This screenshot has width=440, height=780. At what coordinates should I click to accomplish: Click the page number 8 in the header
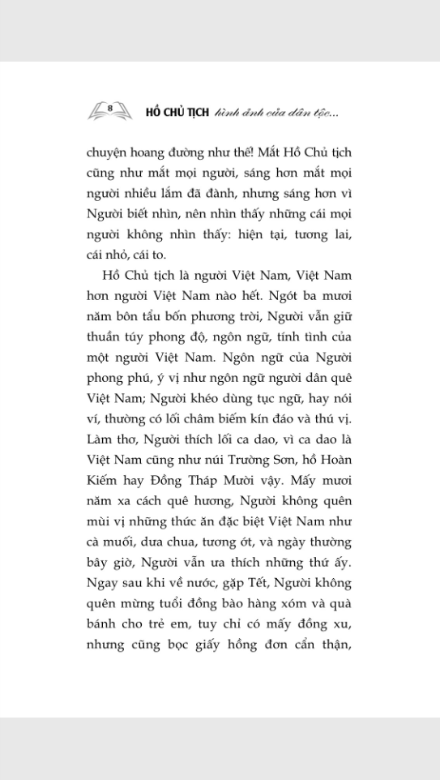point(109,107)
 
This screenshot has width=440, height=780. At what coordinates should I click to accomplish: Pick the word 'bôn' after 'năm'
point(134,317)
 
